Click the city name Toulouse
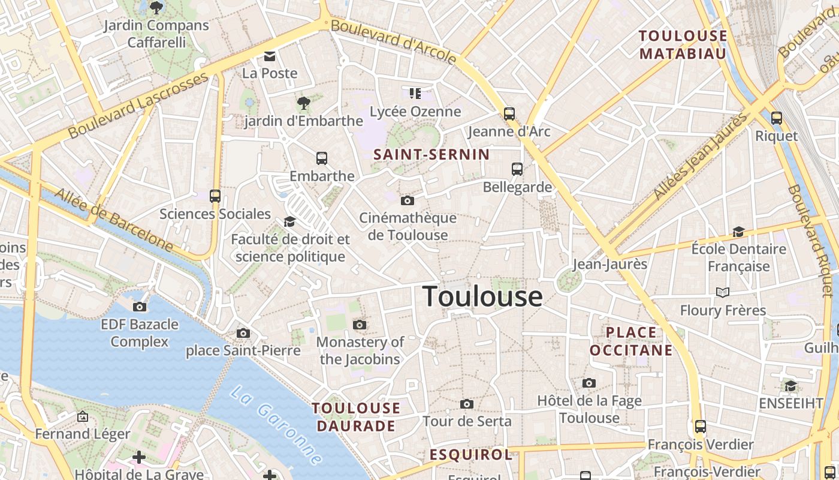coord(482,296)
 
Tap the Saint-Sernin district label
coord(431,154)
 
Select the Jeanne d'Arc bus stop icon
coord(509,113)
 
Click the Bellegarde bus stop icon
coord(517,169)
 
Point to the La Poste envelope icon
coord(270,56)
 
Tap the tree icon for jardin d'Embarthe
coord(304,103)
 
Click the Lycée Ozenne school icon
coord(415,93)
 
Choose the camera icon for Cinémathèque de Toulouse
coord(408,200)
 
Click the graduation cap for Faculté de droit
coord(290,222)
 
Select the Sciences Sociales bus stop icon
coord(215,196)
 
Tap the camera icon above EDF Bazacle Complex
coord(140,307)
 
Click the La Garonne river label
coord(276,426)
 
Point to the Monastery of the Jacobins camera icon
coord(360,325)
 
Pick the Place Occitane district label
coord(631,341)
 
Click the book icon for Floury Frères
coord(723,292)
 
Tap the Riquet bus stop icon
coord(777,118)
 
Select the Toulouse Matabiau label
coord(683,44)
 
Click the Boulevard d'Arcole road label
coord(394,41)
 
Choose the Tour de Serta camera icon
coord(467,404)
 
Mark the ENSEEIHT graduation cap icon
coord(791,386)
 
